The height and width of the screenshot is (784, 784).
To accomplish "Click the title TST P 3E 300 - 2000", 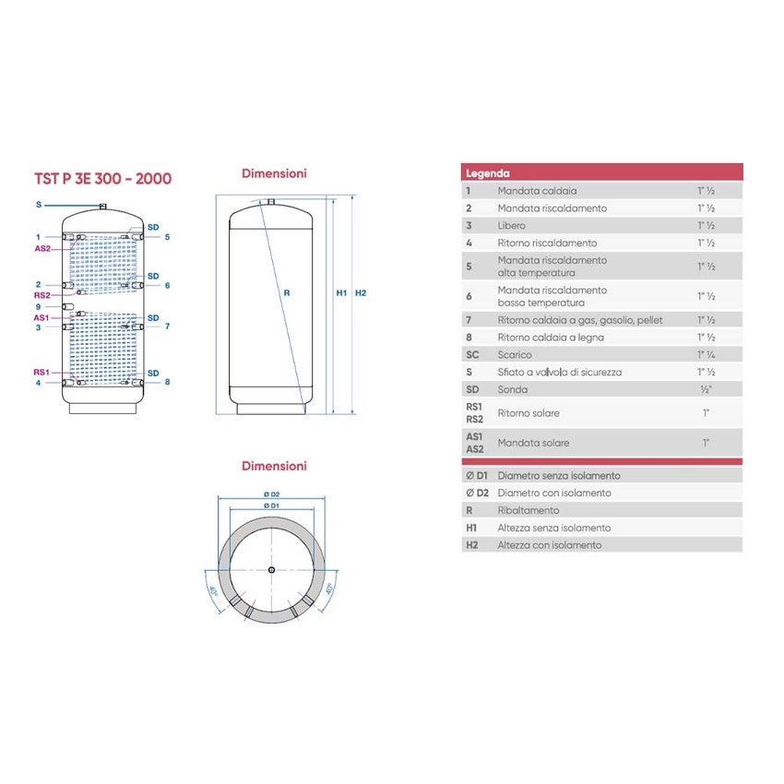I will coord(102,178).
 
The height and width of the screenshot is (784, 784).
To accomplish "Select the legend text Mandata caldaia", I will coord(537,191).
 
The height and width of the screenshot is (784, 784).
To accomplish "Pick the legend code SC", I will coord(472,354).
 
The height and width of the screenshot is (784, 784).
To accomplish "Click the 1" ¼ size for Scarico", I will coord(706,354).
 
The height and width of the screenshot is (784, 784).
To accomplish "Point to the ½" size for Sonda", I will coord(706,389).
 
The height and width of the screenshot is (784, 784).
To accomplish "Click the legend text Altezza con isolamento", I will coord(549,545).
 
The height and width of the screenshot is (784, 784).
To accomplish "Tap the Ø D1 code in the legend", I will coord(477,476).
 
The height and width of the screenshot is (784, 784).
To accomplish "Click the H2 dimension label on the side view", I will coord(361,293).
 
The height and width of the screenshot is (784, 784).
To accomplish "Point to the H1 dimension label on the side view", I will coord(340,293).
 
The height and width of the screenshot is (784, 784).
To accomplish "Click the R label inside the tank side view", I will coord(287,293).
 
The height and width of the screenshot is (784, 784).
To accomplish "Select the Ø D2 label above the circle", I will coord(271,494).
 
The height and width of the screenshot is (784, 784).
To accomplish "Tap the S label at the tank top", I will coord(39,204).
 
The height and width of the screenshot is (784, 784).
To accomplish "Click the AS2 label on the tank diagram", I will coord(42,249).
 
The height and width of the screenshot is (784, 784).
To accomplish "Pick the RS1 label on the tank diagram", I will coord(42,372).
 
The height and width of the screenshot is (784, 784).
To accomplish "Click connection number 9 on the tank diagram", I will coord(38,306).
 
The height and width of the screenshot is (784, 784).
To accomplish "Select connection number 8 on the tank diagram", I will coord(168,382).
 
